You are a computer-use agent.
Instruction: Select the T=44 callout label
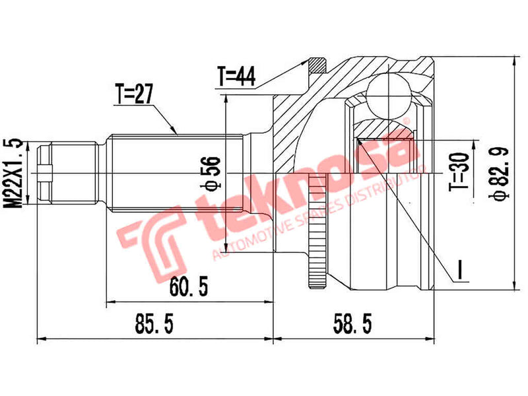(236, 77)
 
